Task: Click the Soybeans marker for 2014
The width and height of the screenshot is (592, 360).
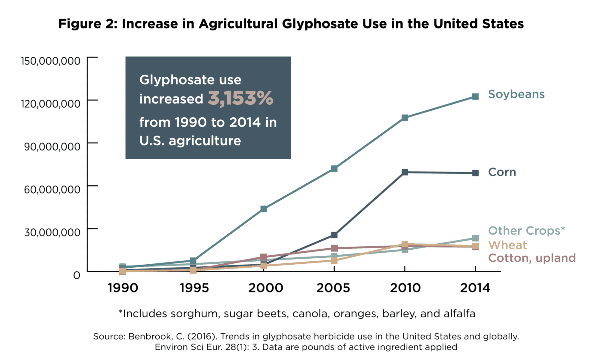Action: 475,96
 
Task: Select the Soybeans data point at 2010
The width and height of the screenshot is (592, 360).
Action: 405,118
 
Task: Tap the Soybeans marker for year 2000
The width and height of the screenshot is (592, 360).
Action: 264,209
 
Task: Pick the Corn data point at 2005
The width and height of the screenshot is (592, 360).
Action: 334,235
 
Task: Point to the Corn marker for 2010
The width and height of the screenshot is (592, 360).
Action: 405,172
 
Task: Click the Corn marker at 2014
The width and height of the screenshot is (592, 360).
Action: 475,173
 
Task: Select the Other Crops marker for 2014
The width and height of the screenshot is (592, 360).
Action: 475,238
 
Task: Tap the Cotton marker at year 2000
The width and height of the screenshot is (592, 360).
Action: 264,257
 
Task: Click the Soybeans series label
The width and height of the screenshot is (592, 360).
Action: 516,94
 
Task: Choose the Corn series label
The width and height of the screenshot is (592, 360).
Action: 502,172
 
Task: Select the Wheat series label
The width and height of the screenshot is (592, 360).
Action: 507,245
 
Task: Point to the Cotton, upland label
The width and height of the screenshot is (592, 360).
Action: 532,258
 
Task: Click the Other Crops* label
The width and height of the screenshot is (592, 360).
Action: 526,231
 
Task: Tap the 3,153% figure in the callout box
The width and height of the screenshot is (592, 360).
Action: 241,98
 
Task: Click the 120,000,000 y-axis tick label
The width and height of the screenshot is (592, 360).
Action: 50,104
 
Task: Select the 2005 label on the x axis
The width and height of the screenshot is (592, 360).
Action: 333,288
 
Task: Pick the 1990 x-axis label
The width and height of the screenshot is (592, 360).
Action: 123,288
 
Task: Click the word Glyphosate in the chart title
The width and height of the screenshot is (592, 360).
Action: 320,24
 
